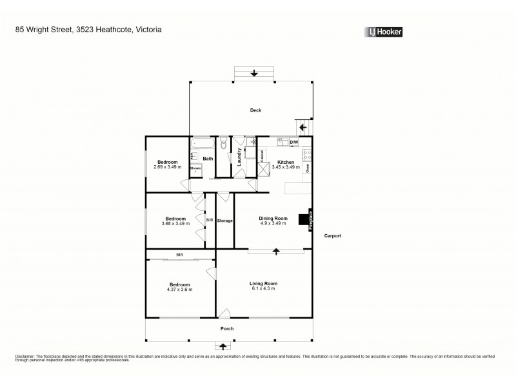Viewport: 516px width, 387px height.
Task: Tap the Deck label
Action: click(255, 110)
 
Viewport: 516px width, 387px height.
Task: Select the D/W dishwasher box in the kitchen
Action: click(294, 142)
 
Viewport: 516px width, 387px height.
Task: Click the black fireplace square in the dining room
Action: click(303, 220)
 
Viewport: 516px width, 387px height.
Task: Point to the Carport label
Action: click(332, 235)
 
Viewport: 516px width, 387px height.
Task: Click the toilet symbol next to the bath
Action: click(223, 145)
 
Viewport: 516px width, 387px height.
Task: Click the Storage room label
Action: click(224, 221)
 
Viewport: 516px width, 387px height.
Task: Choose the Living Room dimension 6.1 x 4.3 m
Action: click(263, 289)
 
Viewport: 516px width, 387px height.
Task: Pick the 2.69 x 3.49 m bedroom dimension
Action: click(168, 167)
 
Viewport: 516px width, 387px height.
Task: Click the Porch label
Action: click(226, 328)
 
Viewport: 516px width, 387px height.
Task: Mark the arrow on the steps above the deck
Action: click(254, 74)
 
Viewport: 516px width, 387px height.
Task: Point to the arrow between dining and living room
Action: click(276, 251)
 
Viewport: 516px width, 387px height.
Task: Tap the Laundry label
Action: click(239, 158)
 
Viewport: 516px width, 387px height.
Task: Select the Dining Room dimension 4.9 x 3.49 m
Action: click(272, 223)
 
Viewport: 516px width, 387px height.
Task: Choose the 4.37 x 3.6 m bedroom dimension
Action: click(179, 290)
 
